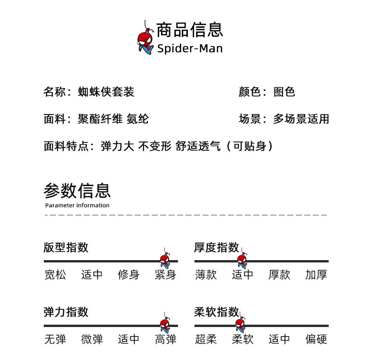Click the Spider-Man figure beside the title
tap(145, 41)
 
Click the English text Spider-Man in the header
tap(190, 49)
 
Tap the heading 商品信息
tap(189, 30)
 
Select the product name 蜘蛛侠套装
tap(106, 91)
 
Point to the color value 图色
tap(284, 91)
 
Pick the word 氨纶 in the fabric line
tap(138, 119)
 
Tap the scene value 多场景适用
tap(301, 119)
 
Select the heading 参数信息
tap(77, 190)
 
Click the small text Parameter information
tap(77, 205)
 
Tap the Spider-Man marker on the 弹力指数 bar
tap(164, 325)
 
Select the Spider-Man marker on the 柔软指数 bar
tap(240, 325)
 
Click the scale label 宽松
tap(55, 275)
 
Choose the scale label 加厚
tap(316, 275)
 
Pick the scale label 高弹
tap(165, 339)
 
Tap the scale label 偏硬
tap(316, 339)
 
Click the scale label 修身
tap(129, 275)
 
